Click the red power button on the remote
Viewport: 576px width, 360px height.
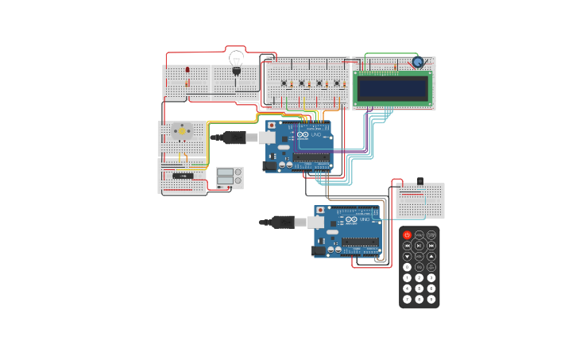click(x=408, y=235)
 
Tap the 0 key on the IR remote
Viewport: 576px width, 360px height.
click(x=408, y=267)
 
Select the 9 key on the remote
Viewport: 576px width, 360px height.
click(x=431, y=299)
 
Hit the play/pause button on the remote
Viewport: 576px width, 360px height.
click(x=419, y=246)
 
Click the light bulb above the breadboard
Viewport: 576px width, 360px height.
click(x=236, y=59)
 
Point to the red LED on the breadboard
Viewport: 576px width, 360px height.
click(x=187, y=70)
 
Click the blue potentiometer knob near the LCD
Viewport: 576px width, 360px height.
click(x=417, y=62)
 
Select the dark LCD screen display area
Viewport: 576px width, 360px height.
click(x=392, y=88)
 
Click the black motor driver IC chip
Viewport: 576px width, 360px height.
click(x=182, y=176)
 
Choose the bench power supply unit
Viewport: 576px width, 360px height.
click(x=230, y=177)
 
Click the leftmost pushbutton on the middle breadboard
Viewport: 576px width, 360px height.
click(x=284, y=83)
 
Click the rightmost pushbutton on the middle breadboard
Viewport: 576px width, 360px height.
click(x=336, y=83)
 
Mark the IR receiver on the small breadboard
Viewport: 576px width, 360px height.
click(x=419, y=182)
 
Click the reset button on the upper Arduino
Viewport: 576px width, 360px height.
click(x=271, y=125)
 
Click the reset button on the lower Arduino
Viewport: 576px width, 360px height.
click(x=319, y=211)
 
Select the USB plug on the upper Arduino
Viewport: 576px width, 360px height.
click(x=236, y=137)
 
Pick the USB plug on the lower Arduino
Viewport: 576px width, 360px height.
click(x=284, y=223)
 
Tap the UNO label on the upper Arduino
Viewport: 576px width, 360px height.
click(x=315, y=136)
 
